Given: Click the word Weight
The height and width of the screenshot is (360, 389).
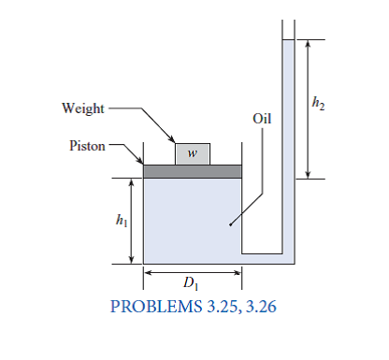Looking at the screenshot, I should point(83,108).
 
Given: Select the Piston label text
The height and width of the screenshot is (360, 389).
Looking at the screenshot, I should point(88,146).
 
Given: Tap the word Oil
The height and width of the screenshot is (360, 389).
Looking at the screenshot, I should point(263,120).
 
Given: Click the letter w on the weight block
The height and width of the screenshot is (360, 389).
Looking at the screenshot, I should point(191,153).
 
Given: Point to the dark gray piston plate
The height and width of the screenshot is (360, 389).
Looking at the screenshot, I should point(192,171).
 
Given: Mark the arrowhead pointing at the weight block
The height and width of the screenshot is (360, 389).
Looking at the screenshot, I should point(177,141).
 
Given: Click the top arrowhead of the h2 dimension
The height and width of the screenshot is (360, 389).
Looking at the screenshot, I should point(308,45).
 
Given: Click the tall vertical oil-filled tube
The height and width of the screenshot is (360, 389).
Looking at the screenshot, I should point(288,140).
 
